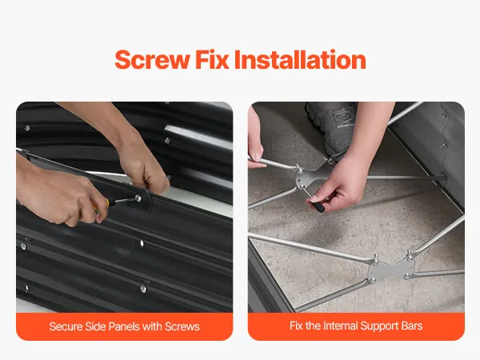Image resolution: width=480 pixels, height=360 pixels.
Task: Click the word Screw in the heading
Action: click(152, 60)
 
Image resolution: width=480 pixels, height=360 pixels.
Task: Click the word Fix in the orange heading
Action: click(212, 59)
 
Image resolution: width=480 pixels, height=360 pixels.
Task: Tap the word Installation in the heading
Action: click(300, 59)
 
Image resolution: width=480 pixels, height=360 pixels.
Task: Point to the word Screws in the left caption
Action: click(182, 326)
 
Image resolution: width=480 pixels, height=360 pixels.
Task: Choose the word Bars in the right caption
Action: click(412, 326)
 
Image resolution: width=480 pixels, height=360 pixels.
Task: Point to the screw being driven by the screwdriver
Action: click(138, 198)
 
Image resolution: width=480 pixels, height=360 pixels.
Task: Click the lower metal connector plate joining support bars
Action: click(391, 269)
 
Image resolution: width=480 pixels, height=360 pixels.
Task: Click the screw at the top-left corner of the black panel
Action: click(27, 128)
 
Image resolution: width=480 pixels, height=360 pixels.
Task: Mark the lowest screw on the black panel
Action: click(143, 289)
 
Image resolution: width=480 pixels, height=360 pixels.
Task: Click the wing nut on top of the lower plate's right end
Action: click(408, 255)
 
